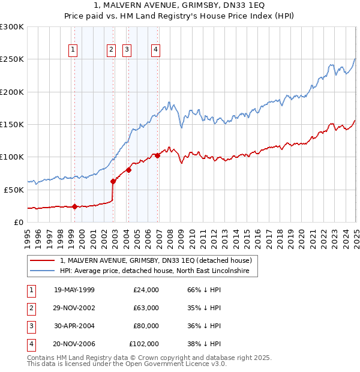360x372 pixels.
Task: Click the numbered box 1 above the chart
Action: [x=73, y=50]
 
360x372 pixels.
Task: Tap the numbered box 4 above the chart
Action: [x=155, y=50]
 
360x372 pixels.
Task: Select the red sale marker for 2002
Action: [x=113, y=181]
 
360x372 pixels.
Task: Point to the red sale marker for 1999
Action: [x=74, y=206]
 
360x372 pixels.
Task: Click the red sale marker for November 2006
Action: [x=157, y=155]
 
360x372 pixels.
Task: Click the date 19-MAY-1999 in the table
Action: [x=74, y=290]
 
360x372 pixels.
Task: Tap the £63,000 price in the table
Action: [x=146, y=308]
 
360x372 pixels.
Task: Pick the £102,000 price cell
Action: [x=144, y=344]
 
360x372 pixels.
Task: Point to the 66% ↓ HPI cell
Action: [x=200, y=290]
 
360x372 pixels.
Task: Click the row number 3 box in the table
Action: [x=30, y=326]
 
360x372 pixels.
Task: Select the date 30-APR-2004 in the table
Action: [x=74, y=326]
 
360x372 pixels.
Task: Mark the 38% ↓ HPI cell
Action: [x=200, y=344]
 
